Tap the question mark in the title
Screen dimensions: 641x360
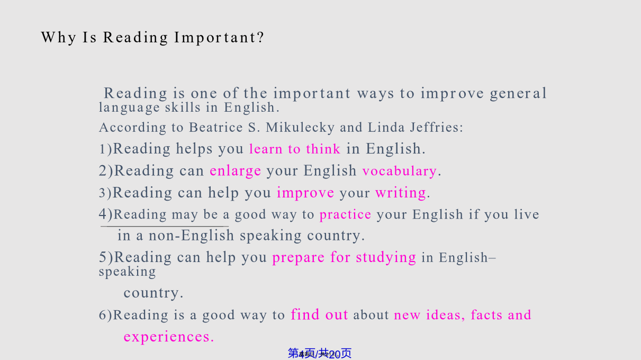(x=260, y=37)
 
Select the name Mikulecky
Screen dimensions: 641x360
(x=300, y=128)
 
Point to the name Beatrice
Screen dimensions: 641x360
(x=216, y=127)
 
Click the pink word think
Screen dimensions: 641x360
(x=323, y=149)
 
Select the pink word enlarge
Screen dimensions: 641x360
(x=235, y=172)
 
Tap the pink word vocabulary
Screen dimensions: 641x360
(x=400, y=172)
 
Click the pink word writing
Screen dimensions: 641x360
(x=401, y=193)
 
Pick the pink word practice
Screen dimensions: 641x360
(x=346, y=214)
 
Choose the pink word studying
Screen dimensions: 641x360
(x=386, y=257)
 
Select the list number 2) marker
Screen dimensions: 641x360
(x=106, y=170)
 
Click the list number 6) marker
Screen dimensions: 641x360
(x=105, y=315)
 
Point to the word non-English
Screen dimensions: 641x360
(x=192, y=236)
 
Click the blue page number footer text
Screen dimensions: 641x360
(x=320, y=354)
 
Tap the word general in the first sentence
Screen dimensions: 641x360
(x=518, y=94)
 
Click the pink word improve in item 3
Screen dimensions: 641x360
(x=305, y=193)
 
